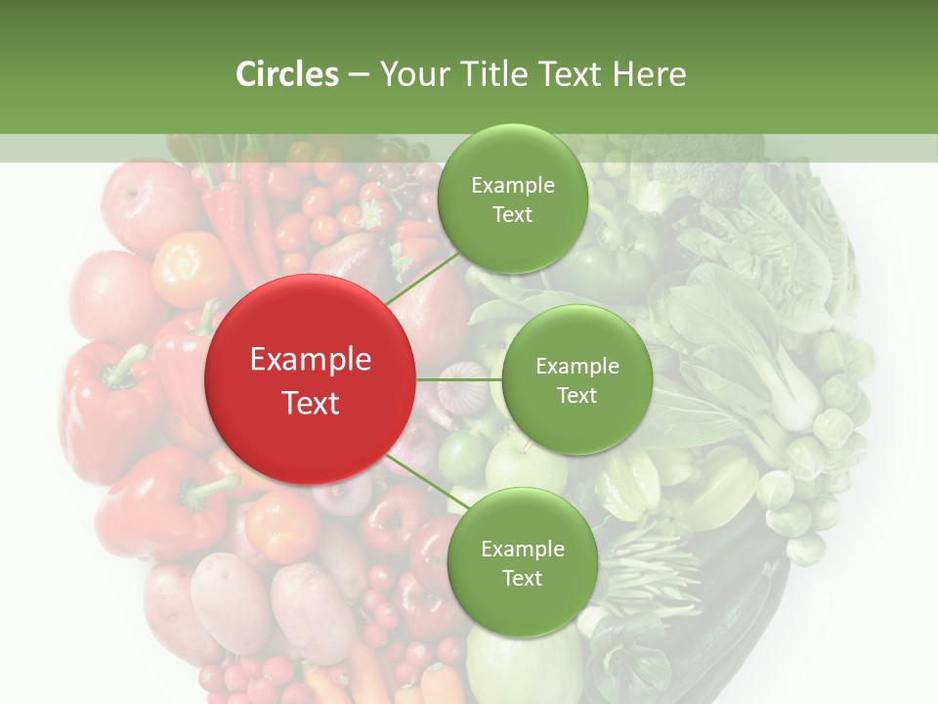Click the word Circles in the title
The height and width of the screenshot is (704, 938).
click(287, 74)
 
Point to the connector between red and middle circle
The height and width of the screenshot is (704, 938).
click(458, 378)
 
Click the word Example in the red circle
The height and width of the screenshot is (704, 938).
click(311, 360)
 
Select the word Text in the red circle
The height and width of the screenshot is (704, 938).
click(311, 403)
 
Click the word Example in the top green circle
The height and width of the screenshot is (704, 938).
click(512, 185)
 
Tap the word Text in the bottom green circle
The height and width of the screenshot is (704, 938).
click(522, 578)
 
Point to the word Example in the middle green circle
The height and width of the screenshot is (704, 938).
click(576, 367)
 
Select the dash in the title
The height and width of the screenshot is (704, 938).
click(359, 75)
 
